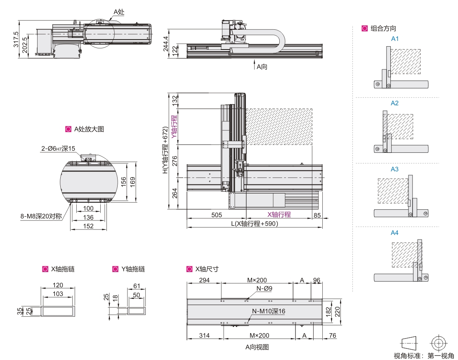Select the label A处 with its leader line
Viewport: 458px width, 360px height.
119,12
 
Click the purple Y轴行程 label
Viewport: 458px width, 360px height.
174,127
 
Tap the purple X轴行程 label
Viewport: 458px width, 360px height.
279,214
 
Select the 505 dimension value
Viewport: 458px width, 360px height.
217,215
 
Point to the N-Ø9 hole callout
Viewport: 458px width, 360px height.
264,289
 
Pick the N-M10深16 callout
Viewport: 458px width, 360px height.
269,311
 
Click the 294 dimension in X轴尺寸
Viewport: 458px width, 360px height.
204,280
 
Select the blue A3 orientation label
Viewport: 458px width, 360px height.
395,169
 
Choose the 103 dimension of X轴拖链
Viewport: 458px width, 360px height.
58,294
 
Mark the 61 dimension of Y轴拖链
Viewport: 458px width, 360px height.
137,286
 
